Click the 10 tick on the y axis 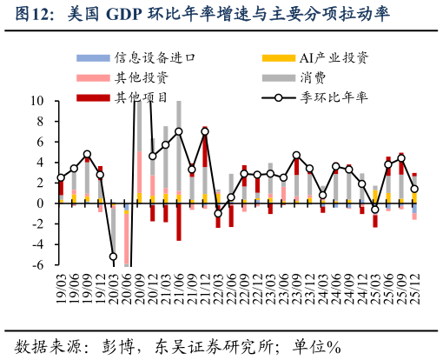click(x=38, y=101)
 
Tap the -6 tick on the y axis click(x=38, y=265)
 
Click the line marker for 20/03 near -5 click(x=113, y=257)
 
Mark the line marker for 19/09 click(x=87, y=155)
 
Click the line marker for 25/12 click(x=414, y=189)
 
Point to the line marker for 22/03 click(x=218, y=213)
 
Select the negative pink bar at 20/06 click(x=127, y=237)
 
